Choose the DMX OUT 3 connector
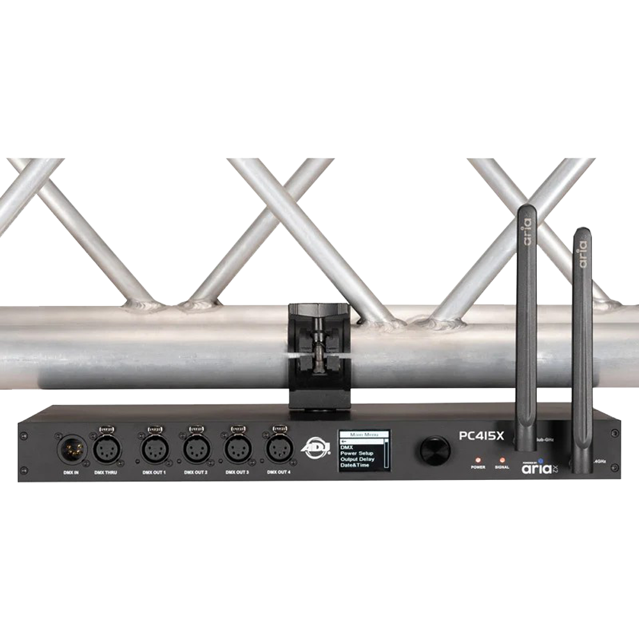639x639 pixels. [238, 449]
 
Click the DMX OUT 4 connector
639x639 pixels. [279, 449]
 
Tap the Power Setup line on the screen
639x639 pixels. [358, 453]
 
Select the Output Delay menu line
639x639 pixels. [358, 459]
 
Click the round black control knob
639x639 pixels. [435, 449]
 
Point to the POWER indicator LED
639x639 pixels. [478, 459]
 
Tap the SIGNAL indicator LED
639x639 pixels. [502, 459]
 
